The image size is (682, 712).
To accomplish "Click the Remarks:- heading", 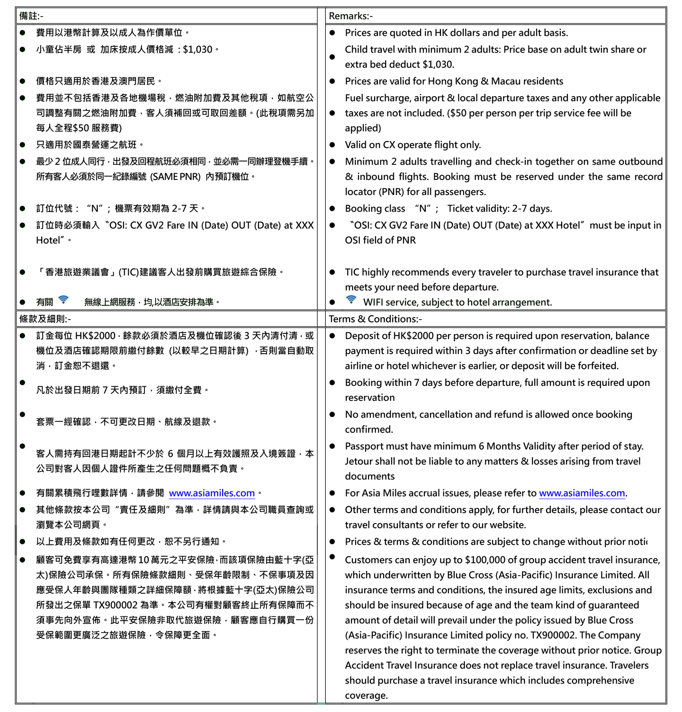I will tap(350, 16).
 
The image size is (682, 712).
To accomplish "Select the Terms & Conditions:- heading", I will tap(375, 319).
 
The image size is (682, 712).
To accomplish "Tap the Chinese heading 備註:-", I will tap(31, 16).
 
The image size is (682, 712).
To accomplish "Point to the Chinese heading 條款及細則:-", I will tap(45, 319).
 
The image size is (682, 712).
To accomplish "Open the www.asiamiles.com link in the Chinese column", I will tap(212, 493).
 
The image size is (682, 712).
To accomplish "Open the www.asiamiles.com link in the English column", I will tap(582, 493).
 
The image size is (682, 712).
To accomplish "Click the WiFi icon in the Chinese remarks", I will tap(63, 300).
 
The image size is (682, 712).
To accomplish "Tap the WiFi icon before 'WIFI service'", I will tap(351, 300).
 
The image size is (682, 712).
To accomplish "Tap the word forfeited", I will tap(597, 366).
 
